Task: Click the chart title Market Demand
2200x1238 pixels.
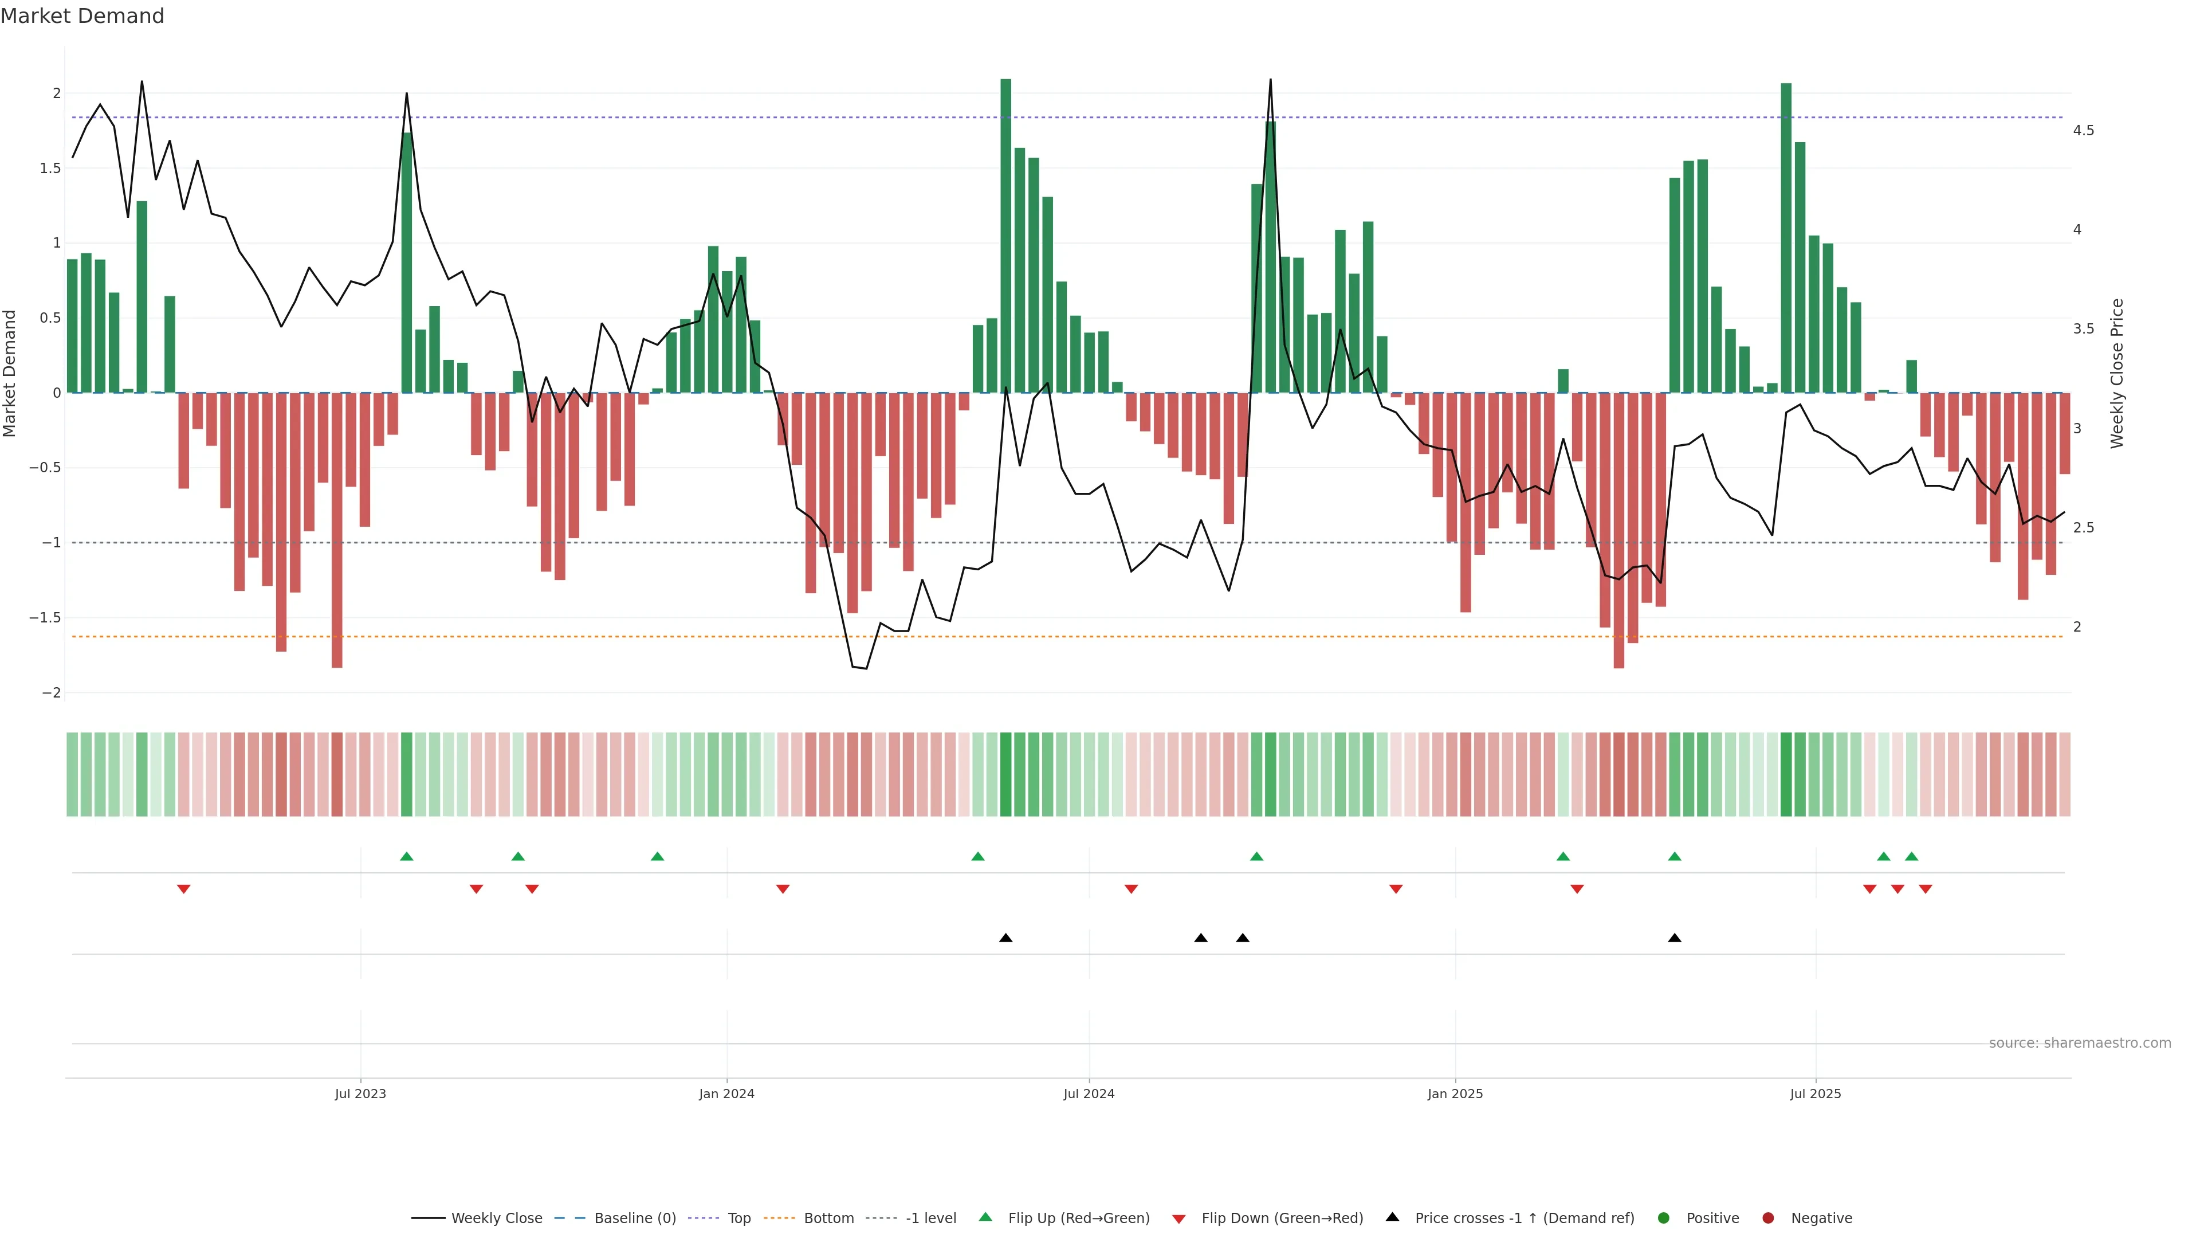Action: click(x=82, y=16)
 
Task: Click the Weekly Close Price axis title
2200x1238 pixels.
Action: click(x=2116, y=373)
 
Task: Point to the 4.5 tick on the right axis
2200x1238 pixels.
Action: click(x=2083, y=131)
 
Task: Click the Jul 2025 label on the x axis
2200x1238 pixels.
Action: click(x=1815, y=1094)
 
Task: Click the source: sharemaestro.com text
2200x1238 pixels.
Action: click(x=2080, y=1043)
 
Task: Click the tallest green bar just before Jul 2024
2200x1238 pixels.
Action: click(x=1006, y=235)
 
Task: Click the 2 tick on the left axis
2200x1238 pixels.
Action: click(x=56, y=93)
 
